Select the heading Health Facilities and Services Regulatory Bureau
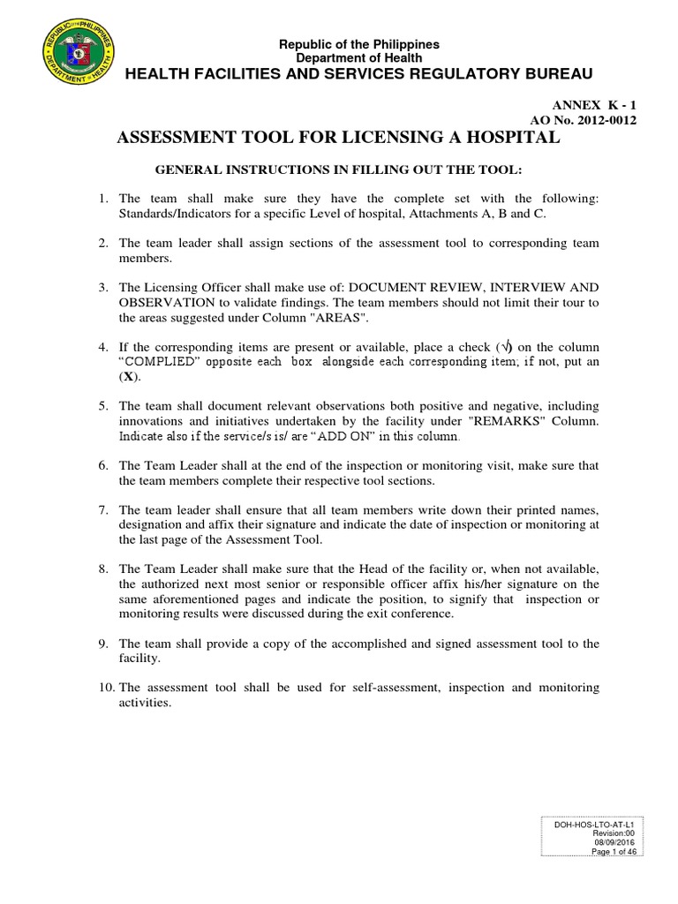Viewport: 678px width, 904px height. point(359,72)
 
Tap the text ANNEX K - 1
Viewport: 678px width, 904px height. point(595,103)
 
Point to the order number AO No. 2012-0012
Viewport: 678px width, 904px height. point(583,119)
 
